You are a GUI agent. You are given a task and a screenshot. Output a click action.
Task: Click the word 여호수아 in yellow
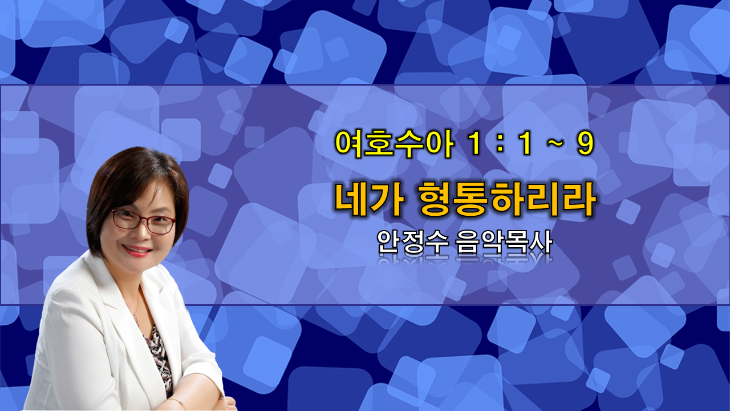point(394,145)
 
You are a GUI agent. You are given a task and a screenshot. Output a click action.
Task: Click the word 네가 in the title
point(369,200)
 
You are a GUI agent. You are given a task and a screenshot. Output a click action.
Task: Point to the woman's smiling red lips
point(137,251)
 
